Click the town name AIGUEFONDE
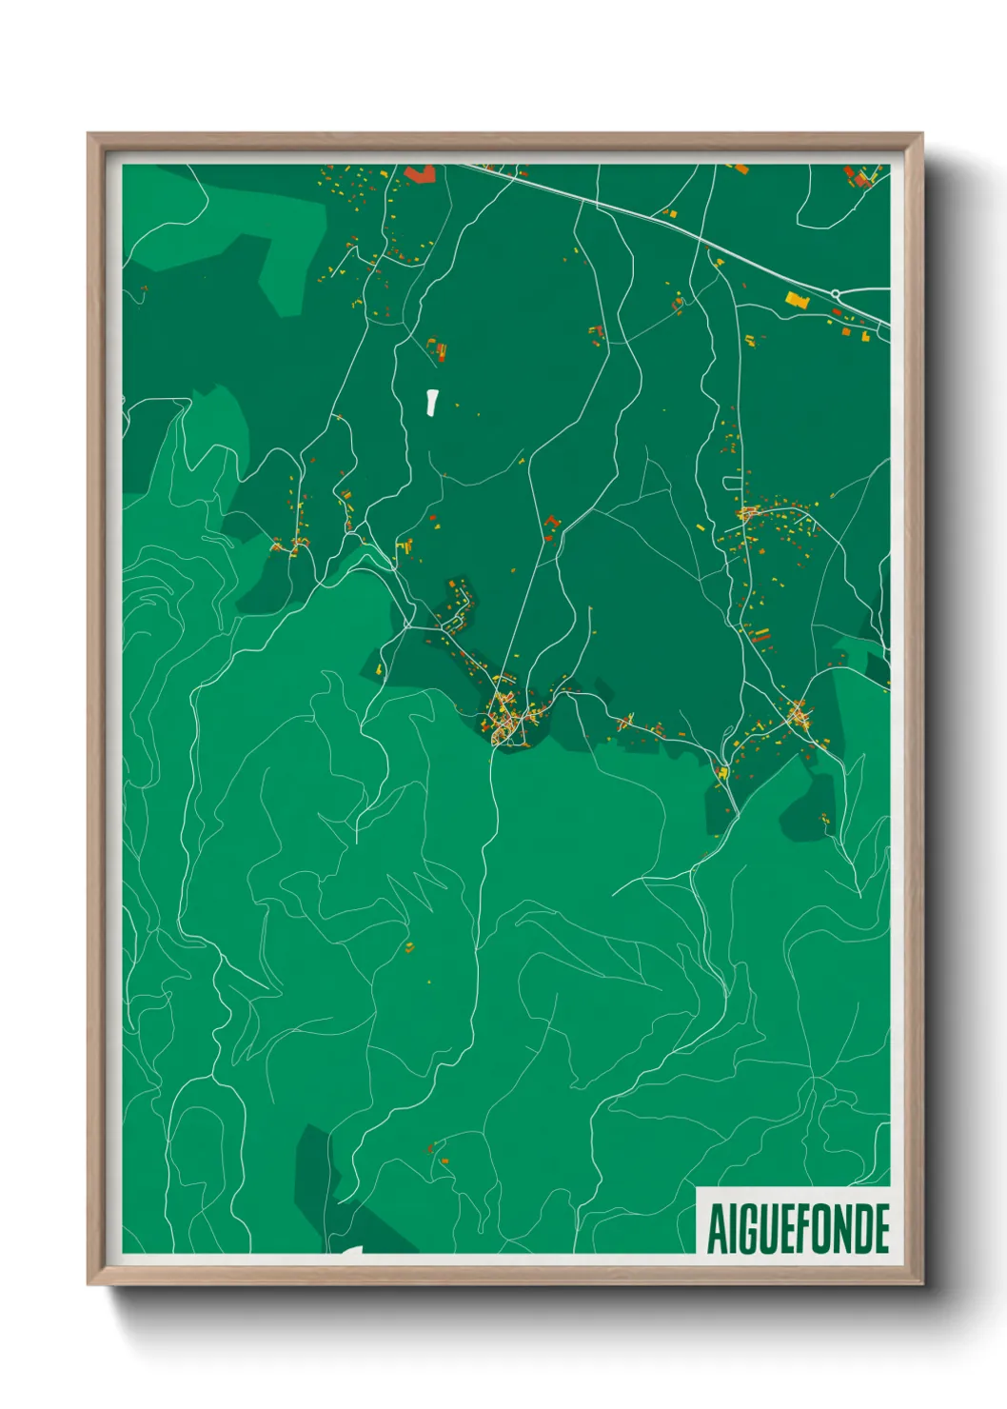point(798,1228)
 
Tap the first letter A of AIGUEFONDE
point(716,1228)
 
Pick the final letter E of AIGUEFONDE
point(880,1228)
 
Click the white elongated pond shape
point(432,402)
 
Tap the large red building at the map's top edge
point(420,173)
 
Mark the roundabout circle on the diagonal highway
point(835,293)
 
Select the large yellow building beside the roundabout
point(796,300)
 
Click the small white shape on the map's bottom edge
point(351,1250)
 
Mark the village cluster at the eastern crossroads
point(799,714)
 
